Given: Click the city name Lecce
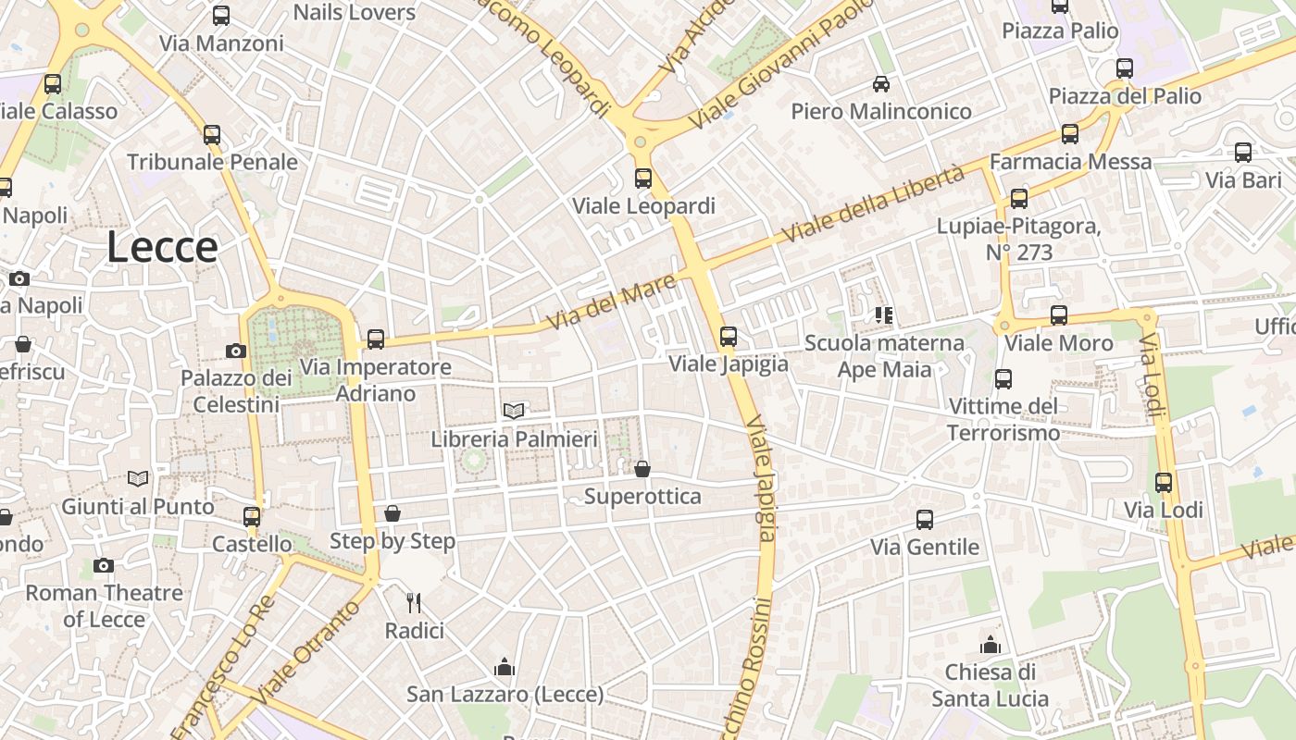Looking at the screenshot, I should pos(162,248).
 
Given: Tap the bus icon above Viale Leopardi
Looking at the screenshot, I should pos(643,179).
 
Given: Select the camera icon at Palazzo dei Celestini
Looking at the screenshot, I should pos(236,351).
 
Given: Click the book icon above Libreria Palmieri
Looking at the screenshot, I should pos(514,411).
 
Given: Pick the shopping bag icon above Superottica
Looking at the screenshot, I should pos(642,469).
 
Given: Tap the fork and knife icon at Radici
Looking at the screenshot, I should pos(414,603).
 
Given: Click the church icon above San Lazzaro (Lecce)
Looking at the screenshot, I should pos(505,666).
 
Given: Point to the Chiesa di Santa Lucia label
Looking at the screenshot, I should pos(991,684).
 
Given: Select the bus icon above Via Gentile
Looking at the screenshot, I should pos(925,520).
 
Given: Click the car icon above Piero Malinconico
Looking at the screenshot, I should pos(881,84).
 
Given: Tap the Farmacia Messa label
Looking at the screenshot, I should pos(1071,162).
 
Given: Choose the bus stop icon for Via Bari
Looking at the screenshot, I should pos(1243,153).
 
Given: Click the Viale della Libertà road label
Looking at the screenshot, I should pos(874,205).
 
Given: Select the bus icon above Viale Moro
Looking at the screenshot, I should pos(1059,315).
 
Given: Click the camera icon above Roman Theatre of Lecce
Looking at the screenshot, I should pos(104,565).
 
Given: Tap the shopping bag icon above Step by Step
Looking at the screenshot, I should pos(393,513).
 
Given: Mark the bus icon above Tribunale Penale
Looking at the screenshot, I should pos(212,135).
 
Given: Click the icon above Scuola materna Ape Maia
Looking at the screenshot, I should pos(884,315).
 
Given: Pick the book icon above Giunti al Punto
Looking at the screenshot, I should pos(138,478).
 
